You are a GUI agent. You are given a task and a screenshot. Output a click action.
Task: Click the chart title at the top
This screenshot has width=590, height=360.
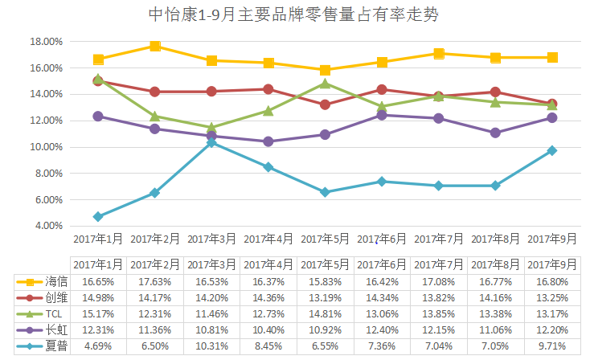click(x=295, y=14)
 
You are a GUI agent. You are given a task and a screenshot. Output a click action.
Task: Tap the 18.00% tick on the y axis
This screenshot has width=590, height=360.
click(x=46, y=42)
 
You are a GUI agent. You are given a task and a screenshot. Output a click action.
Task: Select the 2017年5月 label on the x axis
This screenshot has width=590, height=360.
click(x=325, y=239)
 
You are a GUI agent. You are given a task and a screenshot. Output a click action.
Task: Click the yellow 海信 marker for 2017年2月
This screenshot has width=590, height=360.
click(x=155, y=46)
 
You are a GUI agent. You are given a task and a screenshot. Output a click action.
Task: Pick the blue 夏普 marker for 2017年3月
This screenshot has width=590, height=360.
click(x=211, y=142)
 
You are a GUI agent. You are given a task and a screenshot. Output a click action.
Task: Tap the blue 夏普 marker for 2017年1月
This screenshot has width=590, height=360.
click(x=98, y=217)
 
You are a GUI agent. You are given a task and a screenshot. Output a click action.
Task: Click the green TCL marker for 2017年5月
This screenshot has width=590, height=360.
click(x=325, y=84)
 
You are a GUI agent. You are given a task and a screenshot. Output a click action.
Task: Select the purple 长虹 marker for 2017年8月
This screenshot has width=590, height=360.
click(x=495, y=133)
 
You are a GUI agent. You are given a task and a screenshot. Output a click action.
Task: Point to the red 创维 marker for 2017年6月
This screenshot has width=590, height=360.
click(x=382, y=90)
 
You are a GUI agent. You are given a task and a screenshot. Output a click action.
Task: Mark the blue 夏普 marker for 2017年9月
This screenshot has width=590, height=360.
click(x=552, y=150)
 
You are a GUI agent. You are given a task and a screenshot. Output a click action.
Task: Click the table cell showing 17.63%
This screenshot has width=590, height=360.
click(x=155, y=281)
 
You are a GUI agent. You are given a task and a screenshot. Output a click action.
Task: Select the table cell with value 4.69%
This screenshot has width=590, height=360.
click(x=98, y=346)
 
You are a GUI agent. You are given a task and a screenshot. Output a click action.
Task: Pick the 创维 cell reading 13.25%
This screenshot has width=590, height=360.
click(x=552, y=297)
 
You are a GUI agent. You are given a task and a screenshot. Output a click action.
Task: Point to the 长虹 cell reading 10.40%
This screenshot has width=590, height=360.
click(x=268, y=330)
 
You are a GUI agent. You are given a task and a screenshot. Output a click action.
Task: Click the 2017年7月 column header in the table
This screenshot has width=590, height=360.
click(x=438, y=264)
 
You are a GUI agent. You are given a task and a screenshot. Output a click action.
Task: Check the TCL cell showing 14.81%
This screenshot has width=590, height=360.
click(x=325, y=313)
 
